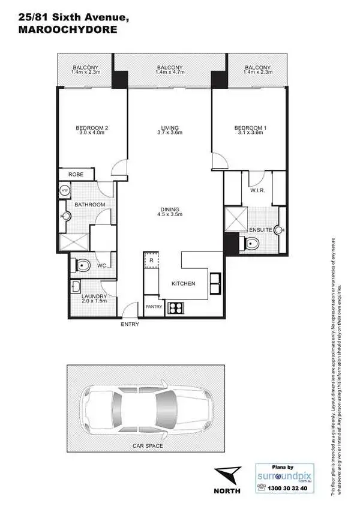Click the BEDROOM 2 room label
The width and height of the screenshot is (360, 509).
click(91, 127)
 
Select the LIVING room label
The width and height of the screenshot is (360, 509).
click(170, 127)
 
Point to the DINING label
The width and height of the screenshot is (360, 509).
click(169, 209)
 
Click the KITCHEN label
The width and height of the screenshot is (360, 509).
click(183, 283)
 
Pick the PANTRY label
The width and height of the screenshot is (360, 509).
click(154, 307)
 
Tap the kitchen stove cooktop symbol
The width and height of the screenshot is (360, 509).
click(176, 307)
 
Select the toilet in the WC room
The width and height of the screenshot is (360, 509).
click(81, 264)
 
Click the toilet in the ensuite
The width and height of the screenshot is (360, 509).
click(251, 243)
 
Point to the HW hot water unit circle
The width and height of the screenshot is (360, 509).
click(65, 191)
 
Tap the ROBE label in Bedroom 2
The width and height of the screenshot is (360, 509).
click(76, 175)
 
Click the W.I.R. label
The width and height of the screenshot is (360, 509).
click(259, 191)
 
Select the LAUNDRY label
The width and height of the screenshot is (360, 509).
click(94, 297)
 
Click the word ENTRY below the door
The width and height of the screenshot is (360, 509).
click(130, 324)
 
